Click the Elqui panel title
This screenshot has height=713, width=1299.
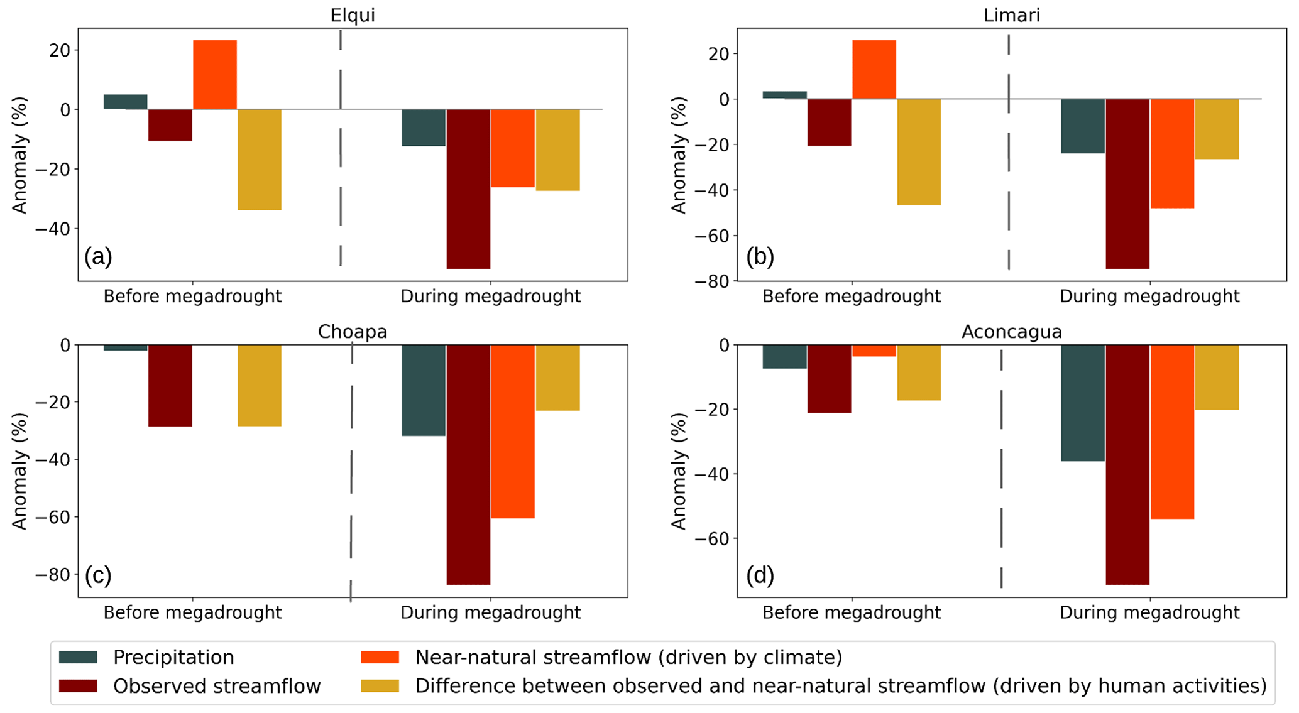353,15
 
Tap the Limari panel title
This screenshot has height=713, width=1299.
1011,15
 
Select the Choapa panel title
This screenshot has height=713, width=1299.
352,331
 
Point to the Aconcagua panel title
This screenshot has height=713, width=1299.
1011,331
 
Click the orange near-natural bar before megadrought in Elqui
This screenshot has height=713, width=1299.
215,75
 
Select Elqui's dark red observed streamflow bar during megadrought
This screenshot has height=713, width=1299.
468,188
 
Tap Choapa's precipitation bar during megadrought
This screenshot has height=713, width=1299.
424,390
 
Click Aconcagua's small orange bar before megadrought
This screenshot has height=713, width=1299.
874,351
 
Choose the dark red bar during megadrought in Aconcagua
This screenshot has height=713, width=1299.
1127,465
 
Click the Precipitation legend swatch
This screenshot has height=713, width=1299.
78,657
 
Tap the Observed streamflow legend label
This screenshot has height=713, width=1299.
217,686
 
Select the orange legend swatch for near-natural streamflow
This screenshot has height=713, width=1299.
380,657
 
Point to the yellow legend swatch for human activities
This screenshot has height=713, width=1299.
380,686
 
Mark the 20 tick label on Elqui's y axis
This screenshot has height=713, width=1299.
60,50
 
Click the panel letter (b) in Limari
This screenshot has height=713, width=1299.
760,256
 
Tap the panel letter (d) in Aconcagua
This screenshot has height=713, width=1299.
760,575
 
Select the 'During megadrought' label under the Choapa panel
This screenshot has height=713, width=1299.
491,612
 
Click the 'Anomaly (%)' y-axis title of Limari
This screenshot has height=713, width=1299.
679,155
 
